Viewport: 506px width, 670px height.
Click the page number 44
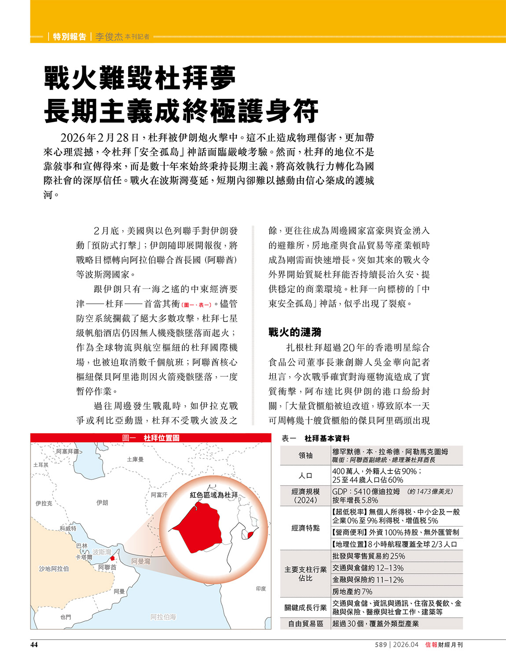coord(34,645)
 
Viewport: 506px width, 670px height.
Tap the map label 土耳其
coord(40,465)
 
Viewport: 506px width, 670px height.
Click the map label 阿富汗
coord(159,495)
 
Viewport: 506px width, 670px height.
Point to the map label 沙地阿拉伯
coord(54,568)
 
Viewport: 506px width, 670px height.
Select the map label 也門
coord(66,617)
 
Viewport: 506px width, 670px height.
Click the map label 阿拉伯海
coord(163,617)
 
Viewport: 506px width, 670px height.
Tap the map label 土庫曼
coord(135,459)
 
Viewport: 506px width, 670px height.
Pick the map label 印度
coord(261,588)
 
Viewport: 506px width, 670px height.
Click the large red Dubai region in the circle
coord(198,528)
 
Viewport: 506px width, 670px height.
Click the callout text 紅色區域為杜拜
coord(214,495)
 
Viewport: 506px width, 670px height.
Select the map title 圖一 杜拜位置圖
coord(150,438)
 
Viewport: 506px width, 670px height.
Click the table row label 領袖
coord(305,455)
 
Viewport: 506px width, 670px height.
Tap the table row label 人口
coord(305,475)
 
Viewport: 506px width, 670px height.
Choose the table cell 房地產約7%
coord(352,591)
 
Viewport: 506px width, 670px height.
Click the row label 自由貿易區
coord(305,623)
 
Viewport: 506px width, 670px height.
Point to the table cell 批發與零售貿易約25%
coord(369,556)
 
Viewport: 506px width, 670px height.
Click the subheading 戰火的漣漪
coord(295,332)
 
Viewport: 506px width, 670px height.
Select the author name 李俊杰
coord(109,36)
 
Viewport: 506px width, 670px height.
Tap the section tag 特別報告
coord(70,36)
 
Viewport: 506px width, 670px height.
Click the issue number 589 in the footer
coord(381,645)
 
